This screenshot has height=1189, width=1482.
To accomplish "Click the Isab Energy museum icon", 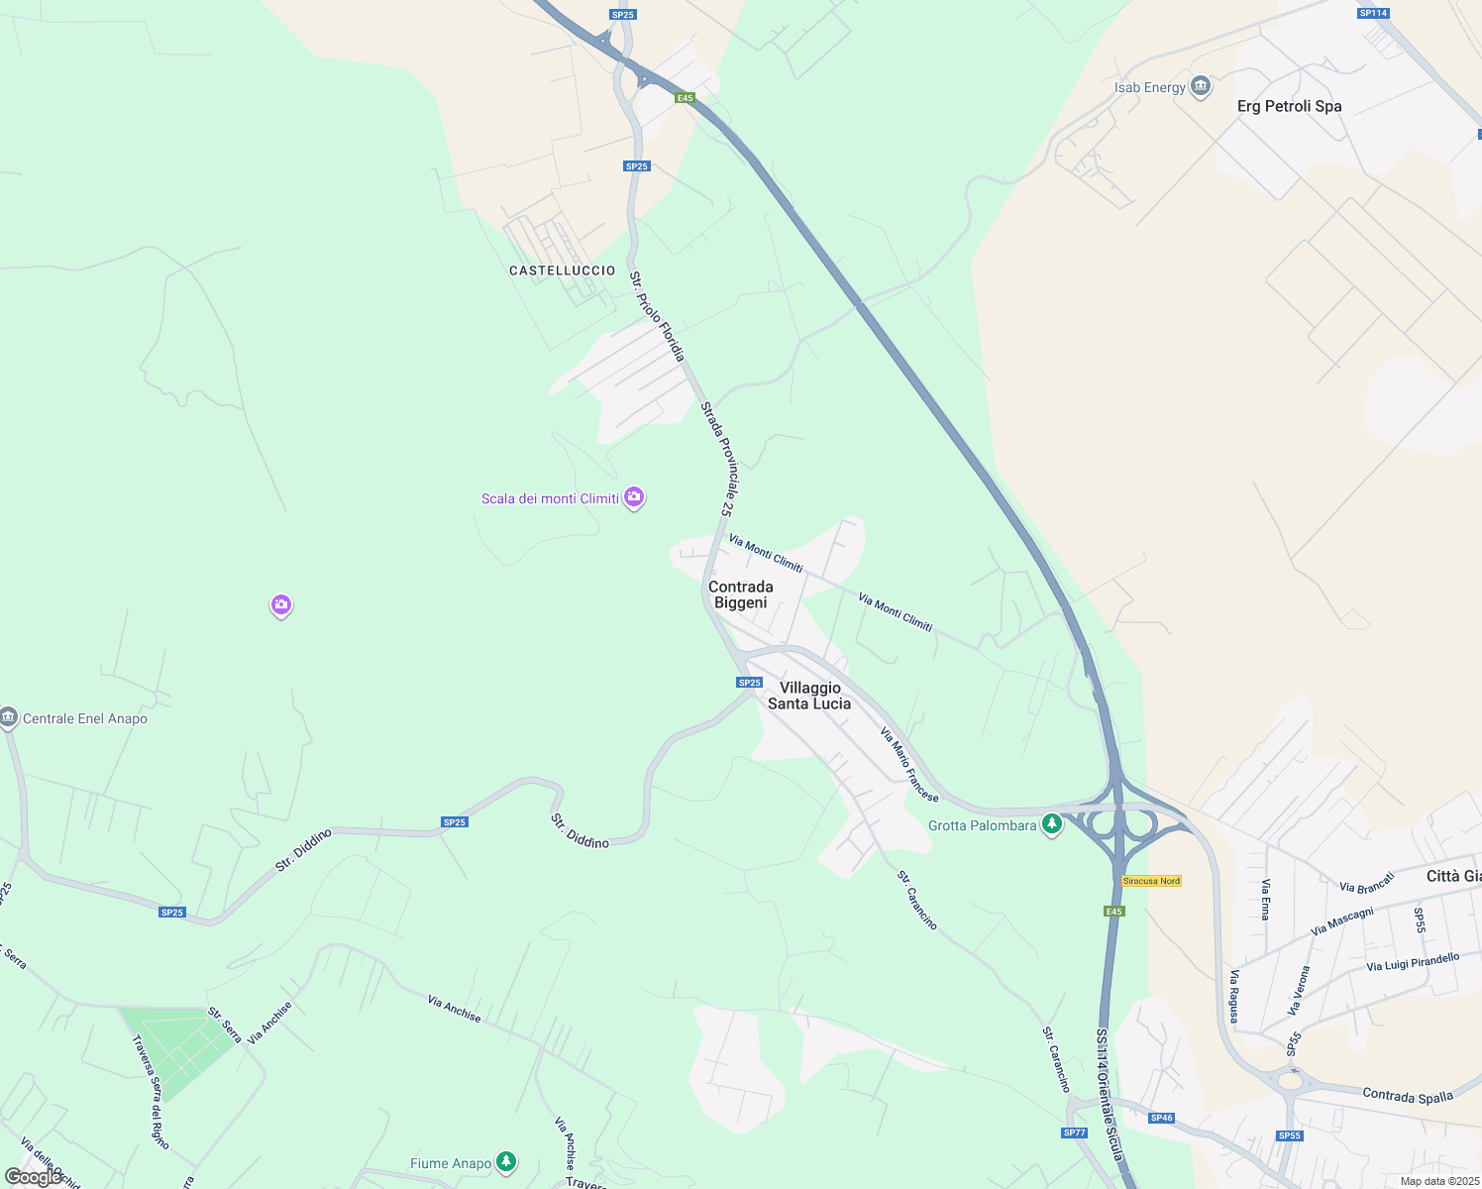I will pyautogui.click(x=1201, y=87).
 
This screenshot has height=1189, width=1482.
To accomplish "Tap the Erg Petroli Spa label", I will pyautogui.click(x=1289, y=106).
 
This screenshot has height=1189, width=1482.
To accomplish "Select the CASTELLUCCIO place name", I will pyautogui.click(x=562, y=270).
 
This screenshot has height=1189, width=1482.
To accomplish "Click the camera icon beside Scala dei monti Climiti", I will pyautogui.click(x=634, y=497).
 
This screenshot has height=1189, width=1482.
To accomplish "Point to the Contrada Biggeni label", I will pyautogui.click(x=740, y=594).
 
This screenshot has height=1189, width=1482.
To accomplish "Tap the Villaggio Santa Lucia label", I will pyautogui.click(x=809, y=696).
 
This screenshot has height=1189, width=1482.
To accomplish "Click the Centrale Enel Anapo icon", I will pyautogui.click(x=9, y=717).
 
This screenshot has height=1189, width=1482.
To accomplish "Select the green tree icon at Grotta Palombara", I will pyautogui.click(x=1051, y=824).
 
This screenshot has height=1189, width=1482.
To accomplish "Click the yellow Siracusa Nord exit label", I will pyautogui.click(x=1151, y=881).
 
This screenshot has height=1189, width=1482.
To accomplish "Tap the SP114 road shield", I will pyautogui.click(x=1373, y=13).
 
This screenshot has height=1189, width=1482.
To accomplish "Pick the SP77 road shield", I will pyautogui.click(x=1074, y=1133).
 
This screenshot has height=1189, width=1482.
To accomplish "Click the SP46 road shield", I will pyautogui.click(x=1161, y=1118).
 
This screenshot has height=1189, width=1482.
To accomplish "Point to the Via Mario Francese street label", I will pyautogui.click(x=909, y=764).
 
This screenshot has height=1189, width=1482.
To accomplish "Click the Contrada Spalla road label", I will pyautogui.click(x=1408, y=1096).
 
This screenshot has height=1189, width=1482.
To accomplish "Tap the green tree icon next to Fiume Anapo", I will pyautogui.click(x=506, y=1161).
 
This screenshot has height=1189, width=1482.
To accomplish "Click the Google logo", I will pyautogui.click(x=33, y=1177).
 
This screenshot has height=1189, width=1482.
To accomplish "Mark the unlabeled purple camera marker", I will pyautogui.click(x=281, y=604).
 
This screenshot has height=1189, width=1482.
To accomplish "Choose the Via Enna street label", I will pyautogui.click(x=1265, y=899).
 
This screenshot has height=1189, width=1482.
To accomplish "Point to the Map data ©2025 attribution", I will pyautogui.click(x=1438, y=1181).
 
